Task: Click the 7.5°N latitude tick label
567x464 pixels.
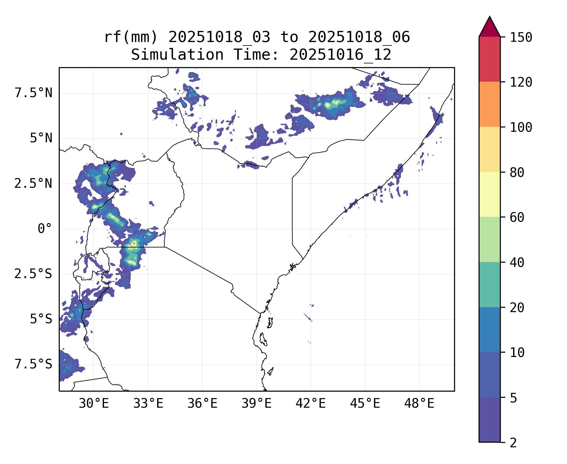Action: pyautogui.click(x=33, y=93)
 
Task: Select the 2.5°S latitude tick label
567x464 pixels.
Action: pyautogui.click(x=33, y=274)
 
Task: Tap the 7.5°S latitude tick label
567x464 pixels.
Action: pyautogui.click(x=33, y=364)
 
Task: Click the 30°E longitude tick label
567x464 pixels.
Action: pyautogui.click(x=94, y=404)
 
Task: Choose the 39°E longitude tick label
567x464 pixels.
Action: pyautogui.click(x=256, y=404)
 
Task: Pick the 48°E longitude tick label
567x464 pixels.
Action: pyautogui.click(x=419, y=404)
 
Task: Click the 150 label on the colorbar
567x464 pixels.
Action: pyautogui.click(x=521, y=38)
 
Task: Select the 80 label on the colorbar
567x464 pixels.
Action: pyautogui.click(x=517, y=173)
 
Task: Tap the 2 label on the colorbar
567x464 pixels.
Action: pyautogui.click(x=513, y=443)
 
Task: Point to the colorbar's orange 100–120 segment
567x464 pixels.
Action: pyautogui.click(x=489, y=104)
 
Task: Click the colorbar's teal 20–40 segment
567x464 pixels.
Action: pyautogui.click(x=489, y=285)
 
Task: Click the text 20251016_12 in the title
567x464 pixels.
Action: pyautogui.click(x=340, y=55)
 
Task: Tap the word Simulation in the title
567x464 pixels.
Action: pyautogui.click(x=177, y=55)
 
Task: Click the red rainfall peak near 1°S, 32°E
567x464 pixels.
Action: pyautogui.click(x=134, y=243)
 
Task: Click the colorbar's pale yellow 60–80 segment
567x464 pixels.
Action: pyautogui.click(x=489, y=194)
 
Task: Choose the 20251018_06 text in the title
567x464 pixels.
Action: pyautogui.click(x=359, y=37)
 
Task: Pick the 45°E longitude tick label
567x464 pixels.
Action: pyautogui.click(x=365, y=404)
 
